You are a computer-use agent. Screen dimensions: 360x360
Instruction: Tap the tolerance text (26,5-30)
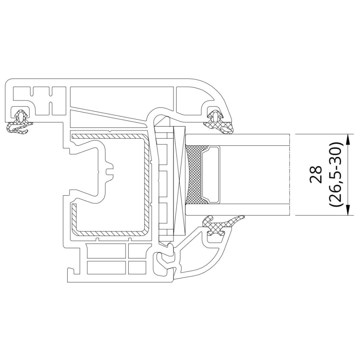click(335, 174)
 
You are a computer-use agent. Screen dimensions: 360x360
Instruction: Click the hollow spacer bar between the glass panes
click(211, 175)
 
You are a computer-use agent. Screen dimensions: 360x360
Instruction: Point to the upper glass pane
click(236, 140)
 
